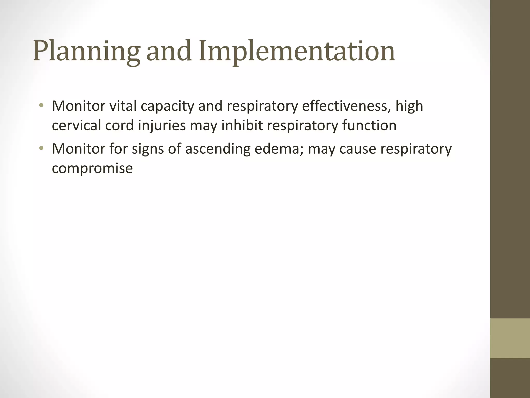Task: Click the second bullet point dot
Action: pyautogui.click(x=41, y=148)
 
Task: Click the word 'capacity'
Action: pyautogui.click(x=167, y=107)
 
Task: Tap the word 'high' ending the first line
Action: pyautogui.click(x=409, y=107)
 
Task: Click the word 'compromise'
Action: pyautogui.click(x=92, y=169)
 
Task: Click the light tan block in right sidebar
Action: pyautogui.click(x=510, y=338)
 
